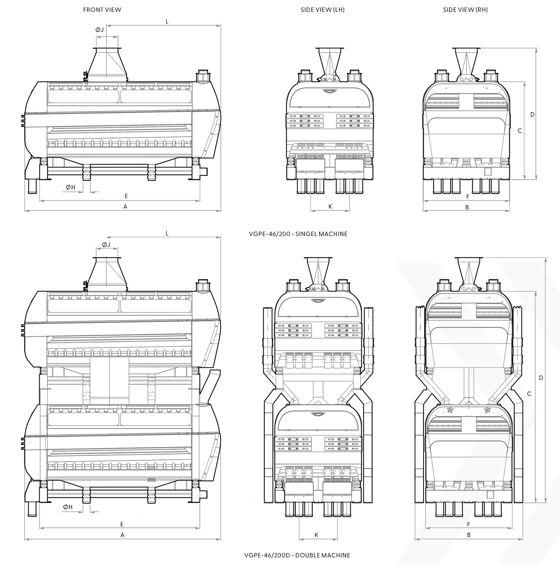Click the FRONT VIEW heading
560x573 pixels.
102,10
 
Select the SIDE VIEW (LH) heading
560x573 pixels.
322,10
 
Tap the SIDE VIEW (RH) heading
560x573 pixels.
465,10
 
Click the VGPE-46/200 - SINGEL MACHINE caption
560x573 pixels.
298,234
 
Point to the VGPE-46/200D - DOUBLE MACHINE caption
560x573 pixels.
297,555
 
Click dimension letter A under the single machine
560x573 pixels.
125,207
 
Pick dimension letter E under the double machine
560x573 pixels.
122,524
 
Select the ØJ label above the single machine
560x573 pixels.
100,30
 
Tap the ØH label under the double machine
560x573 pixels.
68,507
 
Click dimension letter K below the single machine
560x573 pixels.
330,207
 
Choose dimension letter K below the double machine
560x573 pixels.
316,535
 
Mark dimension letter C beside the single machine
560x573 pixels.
519,131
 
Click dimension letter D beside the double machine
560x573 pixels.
541,378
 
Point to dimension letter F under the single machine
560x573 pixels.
468,197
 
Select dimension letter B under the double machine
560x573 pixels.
469,535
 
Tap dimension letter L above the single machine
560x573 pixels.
167,21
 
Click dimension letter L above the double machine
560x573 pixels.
167,233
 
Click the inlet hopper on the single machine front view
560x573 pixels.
107,63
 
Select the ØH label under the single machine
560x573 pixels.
70,187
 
